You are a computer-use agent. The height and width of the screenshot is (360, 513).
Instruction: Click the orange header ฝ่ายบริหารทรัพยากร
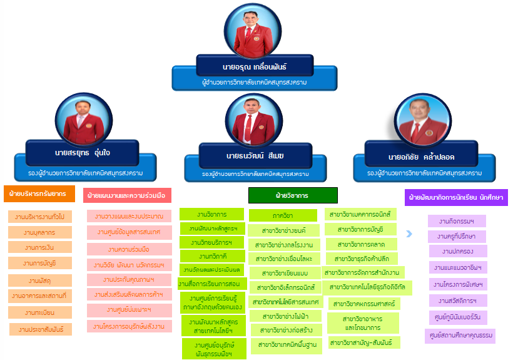coord(39,194)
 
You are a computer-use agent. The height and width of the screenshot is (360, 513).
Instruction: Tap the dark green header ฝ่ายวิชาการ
coord(293,195)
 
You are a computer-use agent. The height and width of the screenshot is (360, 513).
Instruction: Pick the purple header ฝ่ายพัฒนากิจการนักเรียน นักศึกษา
coord(455,198)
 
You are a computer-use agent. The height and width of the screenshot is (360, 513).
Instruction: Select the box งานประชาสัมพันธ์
coord(41,329)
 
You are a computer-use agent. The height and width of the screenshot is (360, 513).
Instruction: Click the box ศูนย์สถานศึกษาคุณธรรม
coord(460,336)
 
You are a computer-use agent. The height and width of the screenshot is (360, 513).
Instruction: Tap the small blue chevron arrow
coord(409,234)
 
